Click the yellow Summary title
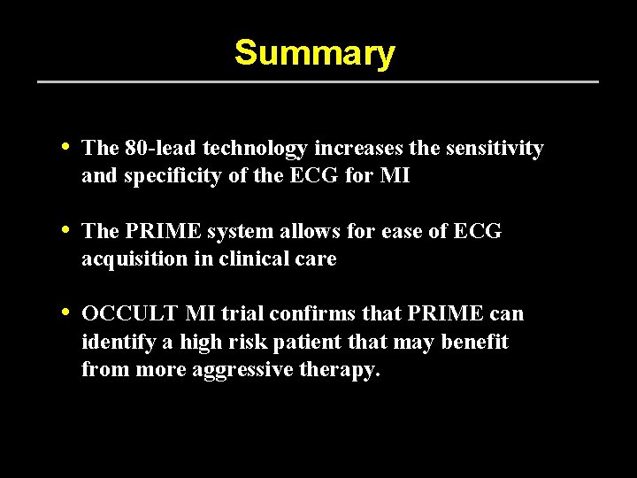click(x=314, y=53)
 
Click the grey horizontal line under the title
click(x=318, y=82)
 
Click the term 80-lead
click(x=153, y=149)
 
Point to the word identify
click(x=114, y=342)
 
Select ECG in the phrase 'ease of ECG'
click(x=477, y=231)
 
